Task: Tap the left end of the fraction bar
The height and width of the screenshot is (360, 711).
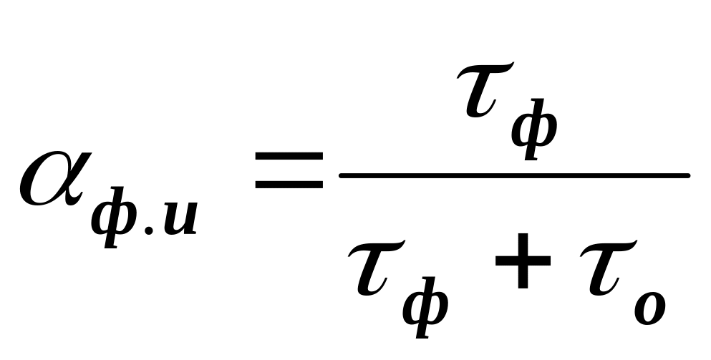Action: [x=342, y=175]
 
